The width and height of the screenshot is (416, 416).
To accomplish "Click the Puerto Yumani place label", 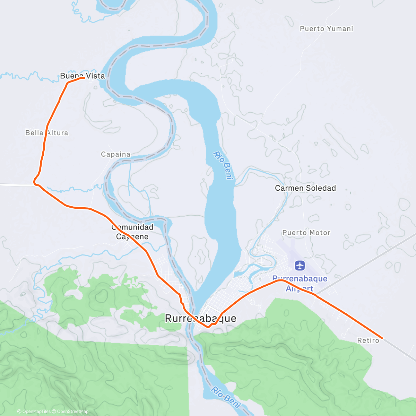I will coord(326,29).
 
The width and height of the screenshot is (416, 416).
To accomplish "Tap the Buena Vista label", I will coord(83,76).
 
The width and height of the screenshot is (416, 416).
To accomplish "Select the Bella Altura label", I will coord(47,133).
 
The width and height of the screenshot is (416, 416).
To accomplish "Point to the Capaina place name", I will coord(116,154).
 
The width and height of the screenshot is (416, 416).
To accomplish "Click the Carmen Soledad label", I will coord(305,188).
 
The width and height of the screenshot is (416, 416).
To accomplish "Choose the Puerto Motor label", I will coord(306,233).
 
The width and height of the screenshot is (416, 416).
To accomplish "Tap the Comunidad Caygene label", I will coord(132,232).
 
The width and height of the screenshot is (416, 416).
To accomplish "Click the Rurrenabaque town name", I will coord(200,318).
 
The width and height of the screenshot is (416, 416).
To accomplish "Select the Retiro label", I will coord(368,340).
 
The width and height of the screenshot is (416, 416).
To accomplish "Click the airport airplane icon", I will coord(300,266).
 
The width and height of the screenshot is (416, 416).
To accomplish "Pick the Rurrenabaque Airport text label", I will coord(300,283).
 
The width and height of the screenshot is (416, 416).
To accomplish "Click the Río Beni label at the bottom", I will coord(226,397).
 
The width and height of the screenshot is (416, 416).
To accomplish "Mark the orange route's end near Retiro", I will coord(382,338).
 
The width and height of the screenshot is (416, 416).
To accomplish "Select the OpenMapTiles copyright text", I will coord(36,411).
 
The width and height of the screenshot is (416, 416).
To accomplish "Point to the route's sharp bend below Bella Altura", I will coord(35,181).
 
